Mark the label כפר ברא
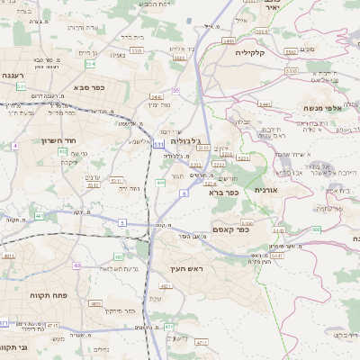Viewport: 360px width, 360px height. (221, 192)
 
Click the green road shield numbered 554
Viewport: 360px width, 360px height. (90, 63)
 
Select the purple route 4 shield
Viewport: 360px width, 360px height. (14, 145)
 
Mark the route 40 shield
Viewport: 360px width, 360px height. (77, 266)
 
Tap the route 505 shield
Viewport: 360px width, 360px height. (316, 229)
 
